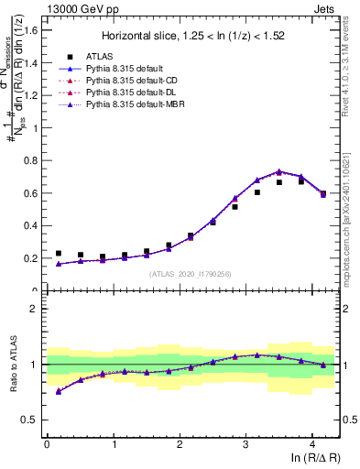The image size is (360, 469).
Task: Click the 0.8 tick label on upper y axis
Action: click(x=32, y=160)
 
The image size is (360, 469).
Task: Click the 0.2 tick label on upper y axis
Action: click(x=32, y=258)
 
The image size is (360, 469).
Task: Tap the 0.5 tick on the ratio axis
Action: click(x=32, y=420)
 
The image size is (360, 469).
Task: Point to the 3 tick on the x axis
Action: click(x=245, y=444)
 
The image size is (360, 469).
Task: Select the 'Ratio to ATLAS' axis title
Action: click(x=12, y=366)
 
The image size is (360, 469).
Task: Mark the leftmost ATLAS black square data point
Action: click(x=59, y=254)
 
